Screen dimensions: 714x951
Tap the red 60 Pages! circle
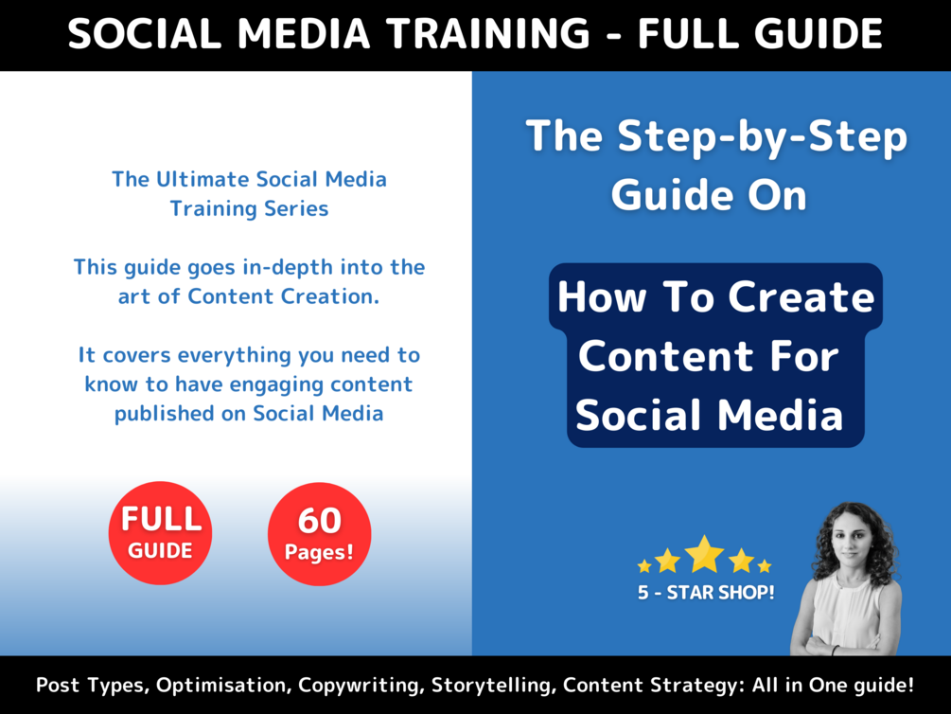(320, 534)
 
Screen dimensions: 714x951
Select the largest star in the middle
(705, 555)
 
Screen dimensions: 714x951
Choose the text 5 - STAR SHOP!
(706, 594)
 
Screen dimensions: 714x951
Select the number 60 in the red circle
(320, 520)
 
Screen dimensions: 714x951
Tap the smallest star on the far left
(644, 566)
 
